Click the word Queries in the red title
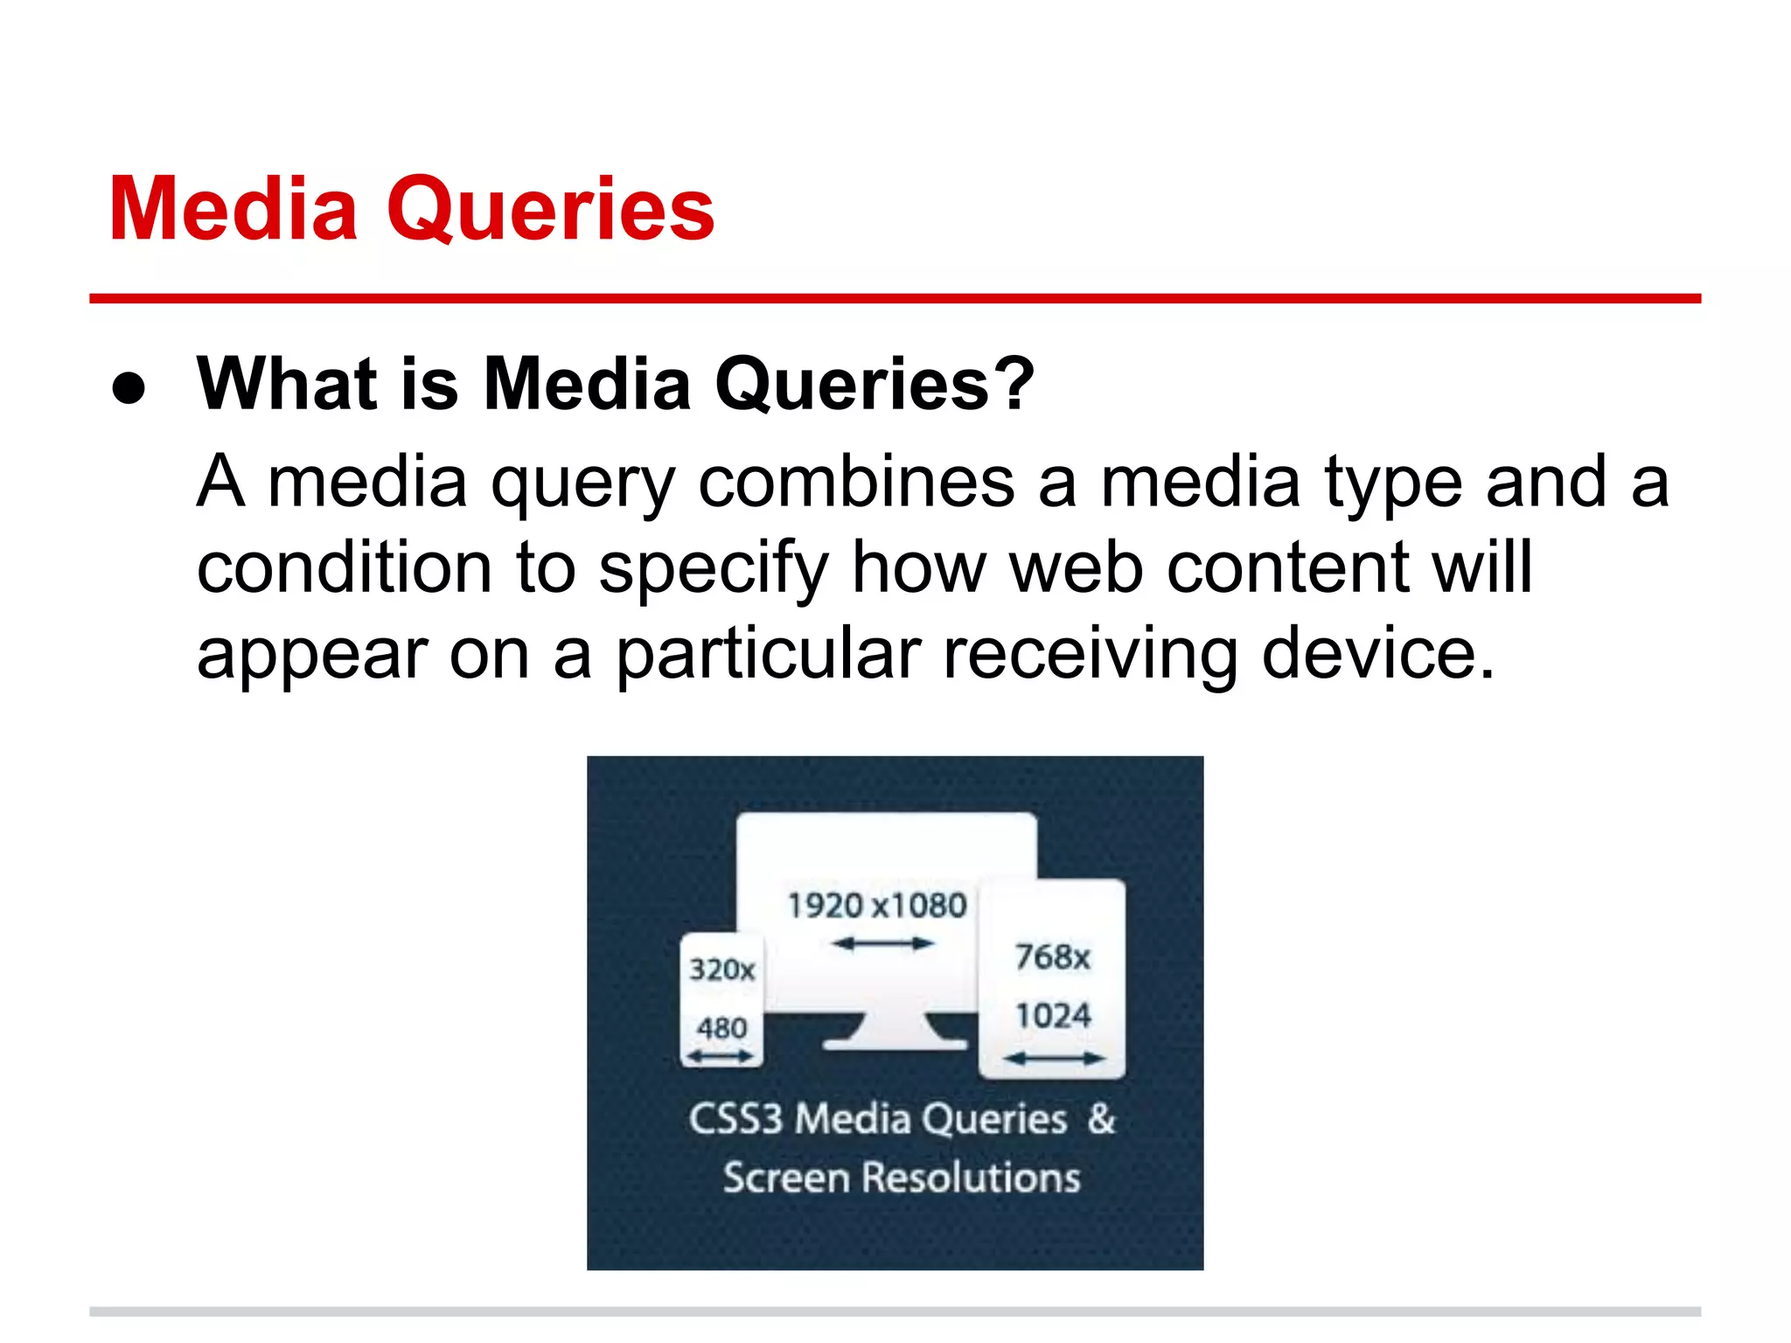(x=551, y=210)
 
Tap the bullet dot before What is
(x=129, y=388)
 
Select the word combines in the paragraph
(x=855, y=483)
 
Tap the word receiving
(x=1090, y=654)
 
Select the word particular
(x=769, y=654)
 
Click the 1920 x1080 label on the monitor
(x=877, y=906)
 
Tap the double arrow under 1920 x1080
(x=882, y=943)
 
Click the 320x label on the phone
(x=721, y=970)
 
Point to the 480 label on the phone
(x=721, y=1027)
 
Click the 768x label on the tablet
(x=1053, y=957)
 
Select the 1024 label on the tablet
(x=1053, y=1016)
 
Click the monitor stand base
(x=895, y=1042)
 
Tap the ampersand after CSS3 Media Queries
(x=1102, y=1118)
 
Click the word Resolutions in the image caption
(x=971, y=1178)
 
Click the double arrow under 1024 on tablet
(x=1054, y=1059)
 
